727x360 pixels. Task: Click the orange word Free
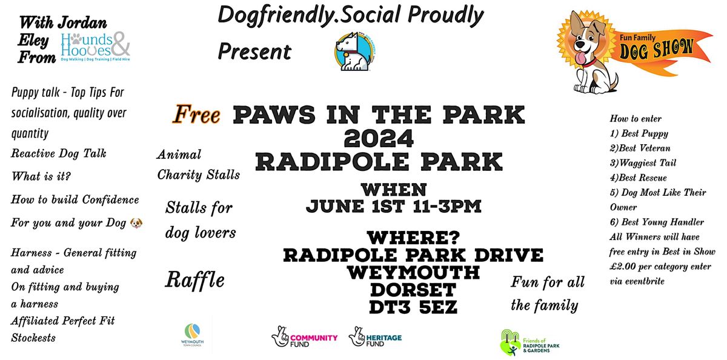[x=197, y=114]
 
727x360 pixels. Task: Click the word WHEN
[x=394, y=189]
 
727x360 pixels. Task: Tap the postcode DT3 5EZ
[x=413, y=307]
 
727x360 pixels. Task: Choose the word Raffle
[x=194, y=279]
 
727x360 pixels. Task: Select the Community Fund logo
[x=305, y=337]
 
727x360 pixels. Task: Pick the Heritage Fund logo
[x=375, y=337]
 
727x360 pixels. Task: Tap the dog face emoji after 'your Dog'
[x=137, y=223]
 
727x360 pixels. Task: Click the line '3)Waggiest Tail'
[x=643, y=163]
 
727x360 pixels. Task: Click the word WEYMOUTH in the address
[x=413, y=272]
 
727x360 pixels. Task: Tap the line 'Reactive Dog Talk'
[x=59, y=153]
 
